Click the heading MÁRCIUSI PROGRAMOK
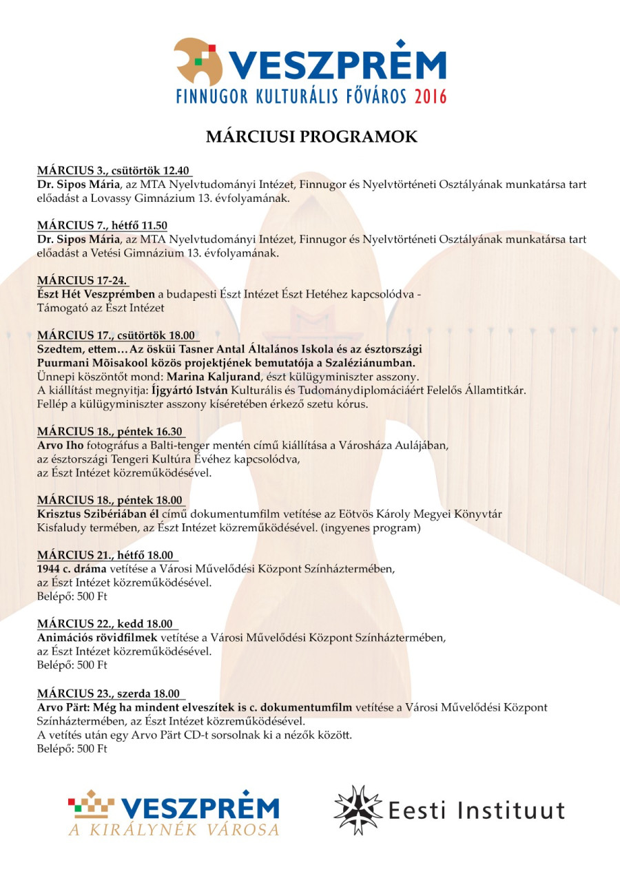311,137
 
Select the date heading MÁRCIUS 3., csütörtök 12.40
114,171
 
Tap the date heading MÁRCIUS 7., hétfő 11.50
102,226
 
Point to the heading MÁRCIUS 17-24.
83,280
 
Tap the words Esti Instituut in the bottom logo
476,811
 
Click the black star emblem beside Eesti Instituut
359,810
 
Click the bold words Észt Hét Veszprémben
96,294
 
